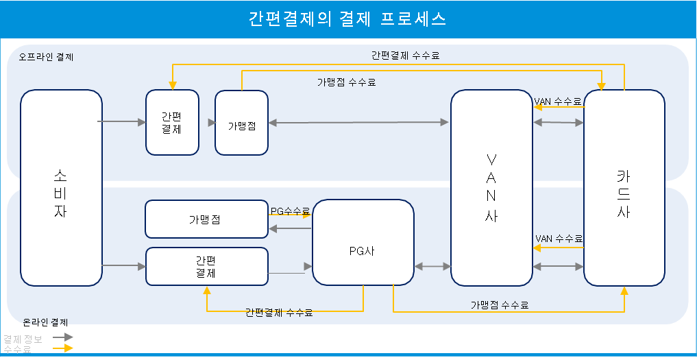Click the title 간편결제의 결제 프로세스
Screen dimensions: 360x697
pyautogui.click(x=347, y=19)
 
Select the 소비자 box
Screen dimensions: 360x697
pyautogui.click(x=61, y=187)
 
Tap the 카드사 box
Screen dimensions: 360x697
pyautogui.click(x=624, y=187)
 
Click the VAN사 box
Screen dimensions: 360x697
pyautogui.click(x=491, y=187)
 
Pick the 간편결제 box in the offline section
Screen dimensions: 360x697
pyautogui.click(x=172, y=121)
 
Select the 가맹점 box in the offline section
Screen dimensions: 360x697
pyautogui.click(x=241, y=122)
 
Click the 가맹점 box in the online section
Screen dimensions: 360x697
pyautogui.click(x=206, y=219)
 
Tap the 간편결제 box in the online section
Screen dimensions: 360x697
pyautogui.click(x=206, y=266)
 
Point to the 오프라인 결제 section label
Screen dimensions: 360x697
pyautogui.click(x=47, y=57)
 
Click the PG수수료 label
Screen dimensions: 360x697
pyautogui.click(x=290, y=211)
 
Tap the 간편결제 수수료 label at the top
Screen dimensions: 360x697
pyautogui.click(x=405, y=56)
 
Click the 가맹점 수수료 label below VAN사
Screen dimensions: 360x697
pyautogui.click(x=500, y=304)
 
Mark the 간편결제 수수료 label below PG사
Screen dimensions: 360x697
pyautogui.click(x=279, y=313)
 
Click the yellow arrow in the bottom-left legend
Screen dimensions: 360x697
pyautogui.click(x=63, y=348)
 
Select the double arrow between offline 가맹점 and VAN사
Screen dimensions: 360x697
pyautogui.click(x=358, y=122)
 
